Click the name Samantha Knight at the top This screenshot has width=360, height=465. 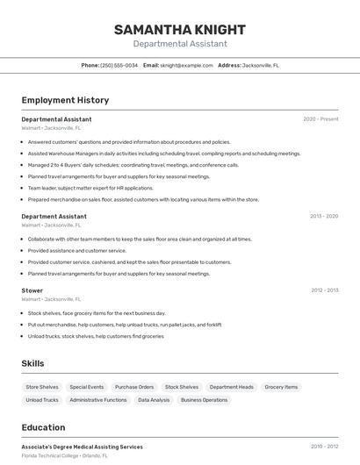point(179,30)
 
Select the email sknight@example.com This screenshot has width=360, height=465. point(186,65)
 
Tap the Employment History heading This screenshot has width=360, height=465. point(65,100)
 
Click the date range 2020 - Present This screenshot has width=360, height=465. point(320,119)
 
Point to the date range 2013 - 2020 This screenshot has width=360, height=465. point(324,216)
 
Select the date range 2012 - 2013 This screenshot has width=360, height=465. point(324,290)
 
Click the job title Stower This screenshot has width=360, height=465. point(32,290)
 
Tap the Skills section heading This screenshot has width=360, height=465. point(33,363)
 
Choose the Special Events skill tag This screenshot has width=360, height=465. point(87,387)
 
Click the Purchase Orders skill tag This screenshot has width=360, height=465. point(134,387)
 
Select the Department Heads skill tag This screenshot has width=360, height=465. point(232,387)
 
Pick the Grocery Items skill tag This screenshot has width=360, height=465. point(281,387)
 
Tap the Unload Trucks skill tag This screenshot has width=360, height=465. point(42,400)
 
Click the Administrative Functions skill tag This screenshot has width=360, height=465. point(98,400)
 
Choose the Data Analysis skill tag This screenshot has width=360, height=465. point(154,400)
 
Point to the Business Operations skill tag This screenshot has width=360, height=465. point(204,400)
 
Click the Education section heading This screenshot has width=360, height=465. point(43,427)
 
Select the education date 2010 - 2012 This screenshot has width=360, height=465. point(324,447)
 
